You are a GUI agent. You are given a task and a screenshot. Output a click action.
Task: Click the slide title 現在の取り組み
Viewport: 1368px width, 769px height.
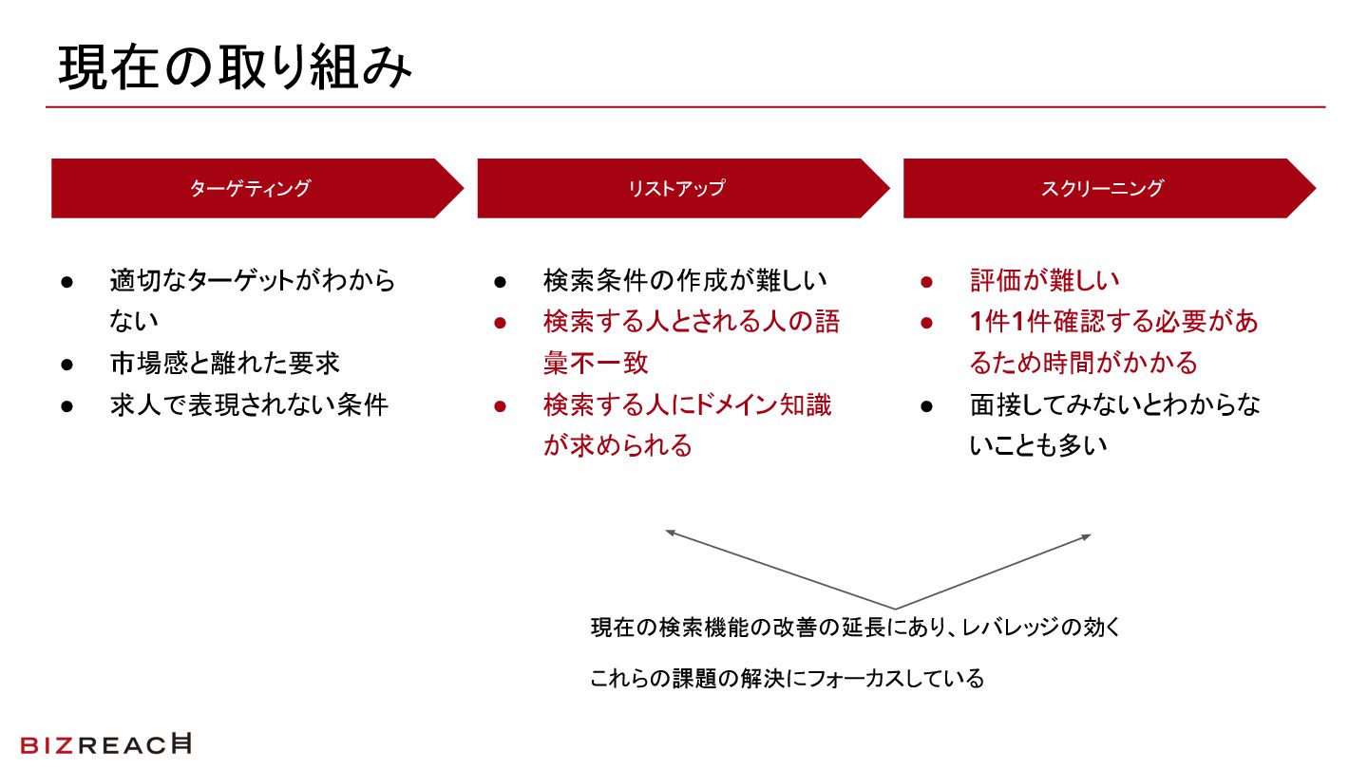point(235,68)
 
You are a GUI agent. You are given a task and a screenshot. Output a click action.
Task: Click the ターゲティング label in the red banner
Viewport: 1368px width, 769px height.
point(250,188)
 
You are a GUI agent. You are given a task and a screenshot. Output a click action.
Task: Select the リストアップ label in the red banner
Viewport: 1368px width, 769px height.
point(675,188)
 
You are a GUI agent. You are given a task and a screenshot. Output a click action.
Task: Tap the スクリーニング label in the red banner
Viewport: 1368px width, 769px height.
point(1102,188)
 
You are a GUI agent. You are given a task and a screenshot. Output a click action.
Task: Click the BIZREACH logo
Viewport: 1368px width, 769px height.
point(105,744)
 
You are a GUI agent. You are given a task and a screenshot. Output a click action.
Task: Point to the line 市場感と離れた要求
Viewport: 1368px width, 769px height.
point(224,364)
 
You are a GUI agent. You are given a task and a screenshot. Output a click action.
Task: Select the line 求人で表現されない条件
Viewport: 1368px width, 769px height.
point(249,405)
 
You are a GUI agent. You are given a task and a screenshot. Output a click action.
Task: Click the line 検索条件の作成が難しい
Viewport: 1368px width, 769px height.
point(685,281)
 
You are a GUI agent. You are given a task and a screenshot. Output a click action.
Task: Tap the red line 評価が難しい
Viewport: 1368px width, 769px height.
point(1044,281)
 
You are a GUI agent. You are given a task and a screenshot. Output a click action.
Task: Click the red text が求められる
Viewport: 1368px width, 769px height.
point(617,446)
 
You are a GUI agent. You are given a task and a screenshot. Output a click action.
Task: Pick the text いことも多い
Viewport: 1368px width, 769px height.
point(1038,446)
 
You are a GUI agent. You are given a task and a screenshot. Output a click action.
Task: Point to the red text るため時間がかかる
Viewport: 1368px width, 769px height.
point(1083,364)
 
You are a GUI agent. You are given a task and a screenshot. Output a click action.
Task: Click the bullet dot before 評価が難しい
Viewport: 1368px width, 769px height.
point(926,282)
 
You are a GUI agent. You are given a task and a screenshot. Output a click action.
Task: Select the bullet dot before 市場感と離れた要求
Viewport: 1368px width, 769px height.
point(66,365)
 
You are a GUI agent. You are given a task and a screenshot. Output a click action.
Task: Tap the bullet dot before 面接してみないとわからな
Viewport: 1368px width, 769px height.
point(926,406)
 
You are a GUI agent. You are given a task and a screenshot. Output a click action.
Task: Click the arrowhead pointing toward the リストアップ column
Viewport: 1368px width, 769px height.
point(670,533)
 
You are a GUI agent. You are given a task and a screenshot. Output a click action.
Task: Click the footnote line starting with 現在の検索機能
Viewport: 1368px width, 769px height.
point(855,628)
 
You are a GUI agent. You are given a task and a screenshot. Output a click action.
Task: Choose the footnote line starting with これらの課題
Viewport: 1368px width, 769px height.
point(787,680)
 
